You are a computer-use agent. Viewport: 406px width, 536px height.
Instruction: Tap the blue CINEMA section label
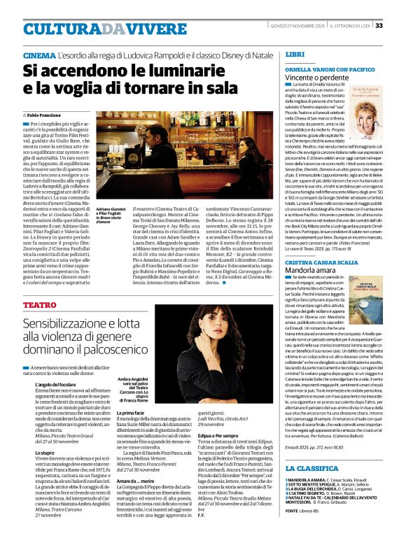tap(40, 55)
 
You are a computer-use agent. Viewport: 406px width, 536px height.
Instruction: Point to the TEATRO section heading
tap(40, 305)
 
